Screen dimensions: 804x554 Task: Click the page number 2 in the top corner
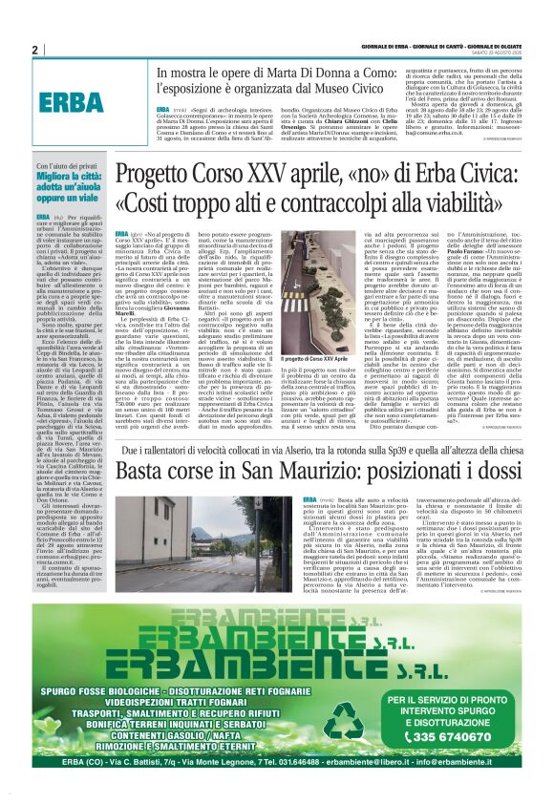[34, 51]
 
